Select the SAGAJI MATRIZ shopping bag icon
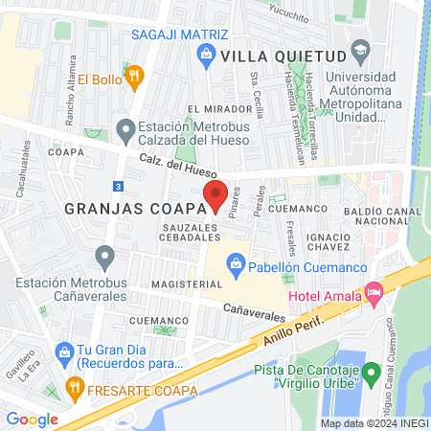pos(206,56)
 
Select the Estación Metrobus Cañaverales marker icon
pos(104,257)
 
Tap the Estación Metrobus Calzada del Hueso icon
pos(125,128)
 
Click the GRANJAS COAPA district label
pos(125,208)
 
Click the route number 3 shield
pos(117,186)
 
